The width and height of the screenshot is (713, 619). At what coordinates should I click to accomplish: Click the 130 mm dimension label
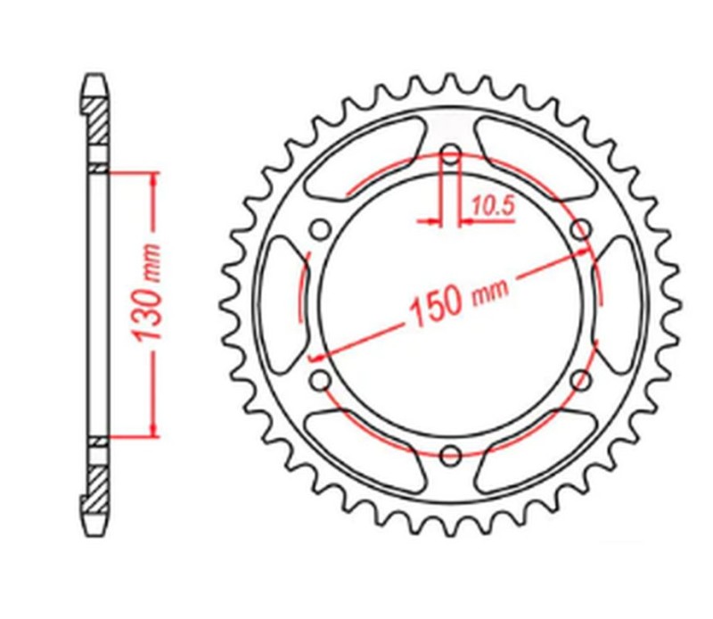(x=147, y=293)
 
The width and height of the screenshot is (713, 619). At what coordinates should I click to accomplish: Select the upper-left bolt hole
(x=318, y=228)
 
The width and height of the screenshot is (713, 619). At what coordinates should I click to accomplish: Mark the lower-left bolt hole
(x=318, y=381)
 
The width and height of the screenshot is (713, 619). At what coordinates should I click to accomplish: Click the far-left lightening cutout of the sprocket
(x=278, y=304)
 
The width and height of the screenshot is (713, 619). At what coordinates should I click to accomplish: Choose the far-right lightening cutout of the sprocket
(x=622, y=304)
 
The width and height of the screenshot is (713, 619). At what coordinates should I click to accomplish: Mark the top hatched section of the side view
(x=98, y=125)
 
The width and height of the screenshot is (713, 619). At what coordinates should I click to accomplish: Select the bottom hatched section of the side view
(x=98, y=486)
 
